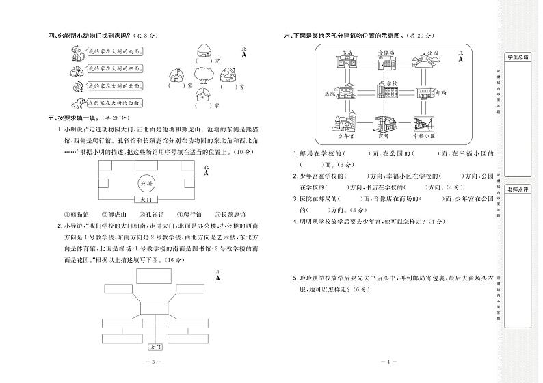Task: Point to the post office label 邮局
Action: (x=440, y=93)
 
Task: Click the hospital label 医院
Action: (x=329, y=93)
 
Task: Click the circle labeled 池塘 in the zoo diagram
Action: (x=145, y=184)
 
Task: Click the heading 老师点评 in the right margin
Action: (x=517, y=188)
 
